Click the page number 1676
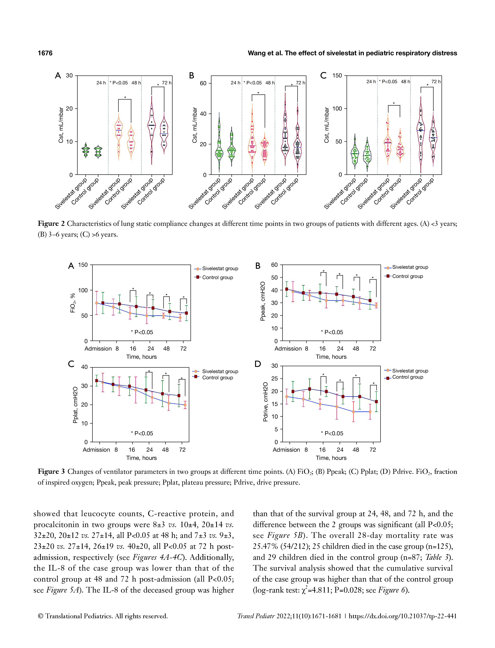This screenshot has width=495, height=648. pos(45,53)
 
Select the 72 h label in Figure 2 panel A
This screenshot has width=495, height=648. pos(166,83)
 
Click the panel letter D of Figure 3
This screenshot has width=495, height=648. pos(258,364)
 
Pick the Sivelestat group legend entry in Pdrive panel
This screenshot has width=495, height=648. pos(410,371)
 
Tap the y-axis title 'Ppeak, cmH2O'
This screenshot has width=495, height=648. pos(263,301)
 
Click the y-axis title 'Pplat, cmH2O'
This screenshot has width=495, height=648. pos(75,405)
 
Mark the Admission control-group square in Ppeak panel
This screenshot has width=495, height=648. pos(286,289)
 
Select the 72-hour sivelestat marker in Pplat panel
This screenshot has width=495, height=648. pos(185,405)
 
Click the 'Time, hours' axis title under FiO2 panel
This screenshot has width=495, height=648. pos(142,357)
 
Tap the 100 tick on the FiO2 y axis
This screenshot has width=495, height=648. pos(83,290)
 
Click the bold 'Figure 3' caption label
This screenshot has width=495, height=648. pos(51,472)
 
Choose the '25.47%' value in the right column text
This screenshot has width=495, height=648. pos(265,546)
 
